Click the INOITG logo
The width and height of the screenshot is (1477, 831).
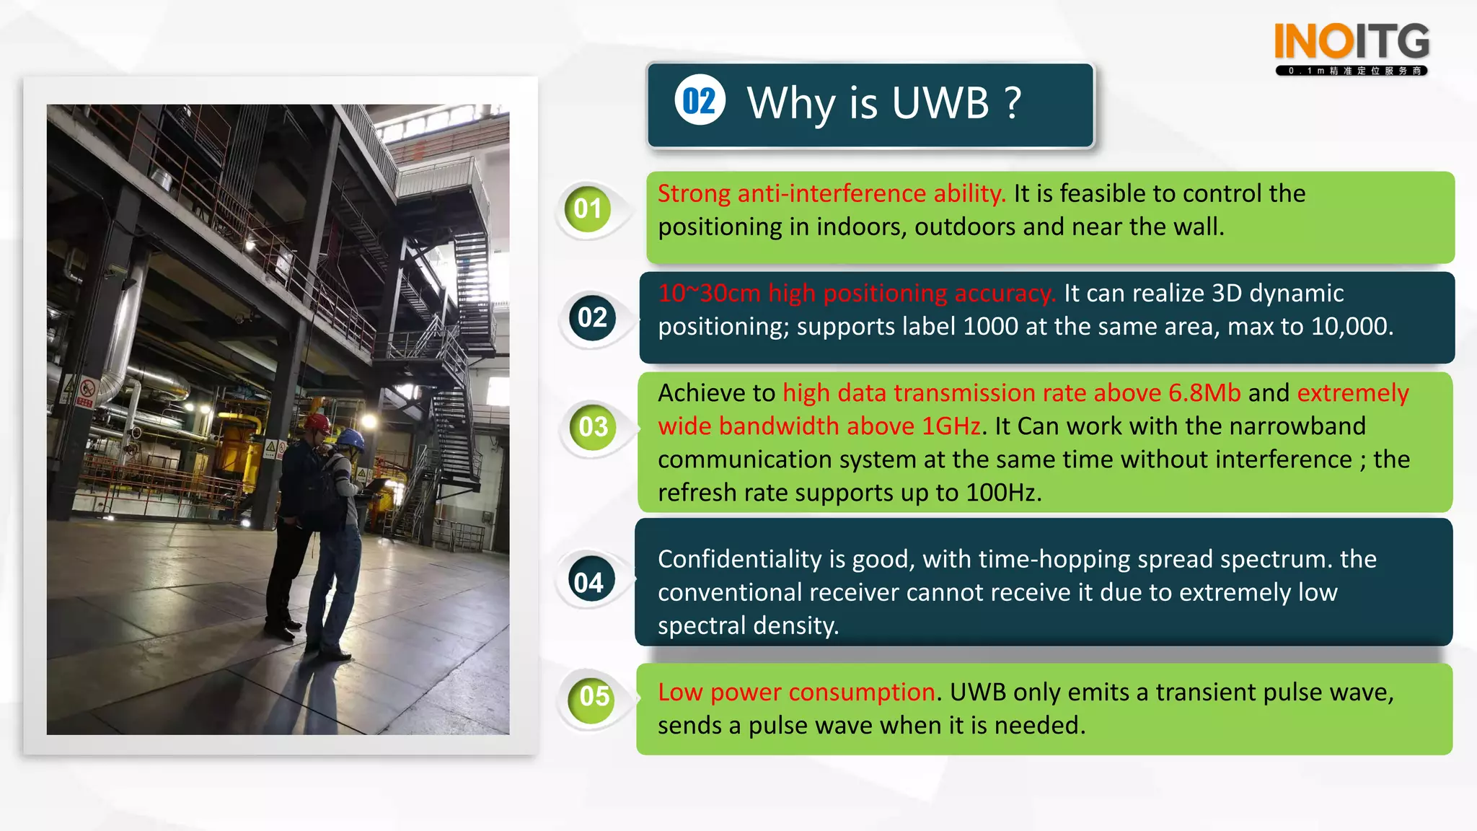point(1352,47)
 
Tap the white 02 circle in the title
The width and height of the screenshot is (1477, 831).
point(700,100)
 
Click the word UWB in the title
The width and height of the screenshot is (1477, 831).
point(940,102)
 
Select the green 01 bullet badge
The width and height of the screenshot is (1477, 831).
point(588,209)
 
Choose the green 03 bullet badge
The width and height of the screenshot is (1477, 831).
point(593,427)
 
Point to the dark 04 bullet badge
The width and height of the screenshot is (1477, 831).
point(588,582)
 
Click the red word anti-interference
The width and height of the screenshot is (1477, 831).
point(832,193)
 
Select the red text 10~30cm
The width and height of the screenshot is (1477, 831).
point(709,293)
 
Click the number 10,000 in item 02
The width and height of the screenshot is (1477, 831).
point(1350,327)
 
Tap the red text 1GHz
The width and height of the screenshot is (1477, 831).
point(951,426)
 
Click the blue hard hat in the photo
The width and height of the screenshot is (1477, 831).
point(350,438)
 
